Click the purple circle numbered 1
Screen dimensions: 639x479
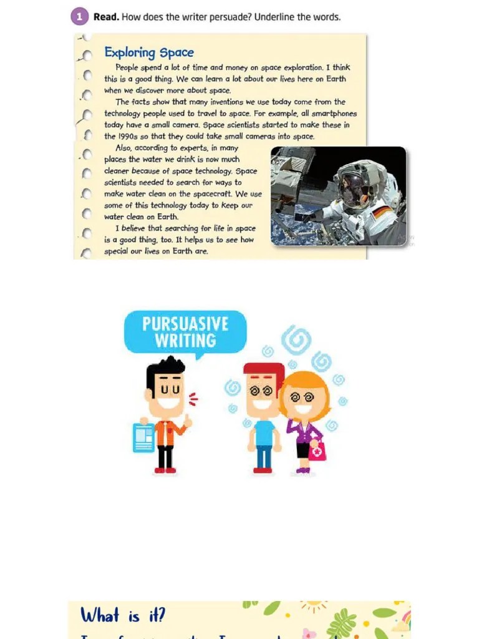click(79, 17)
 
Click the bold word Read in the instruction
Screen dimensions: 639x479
click(106, 17)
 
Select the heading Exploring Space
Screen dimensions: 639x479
click(148, 52)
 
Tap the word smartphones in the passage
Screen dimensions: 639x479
click(335, 114)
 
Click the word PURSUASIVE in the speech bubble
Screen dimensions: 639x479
click(185, 324)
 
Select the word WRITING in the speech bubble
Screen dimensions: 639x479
click(185, 341)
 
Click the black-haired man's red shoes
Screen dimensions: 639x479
click(165, 470)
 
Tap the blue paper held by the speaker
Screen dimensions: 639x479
click(143, 437)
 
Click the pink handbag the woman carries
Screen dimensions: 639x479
click(317, 451)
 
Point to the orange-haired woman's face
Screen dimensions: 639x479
click(304, 399)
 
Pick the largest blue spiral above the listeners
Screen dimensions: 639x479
click(296, 340)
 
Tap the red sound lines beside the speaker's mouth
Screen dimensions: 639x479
click(193, 399)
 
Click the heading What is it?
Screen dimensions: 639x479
click(123, 616)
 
